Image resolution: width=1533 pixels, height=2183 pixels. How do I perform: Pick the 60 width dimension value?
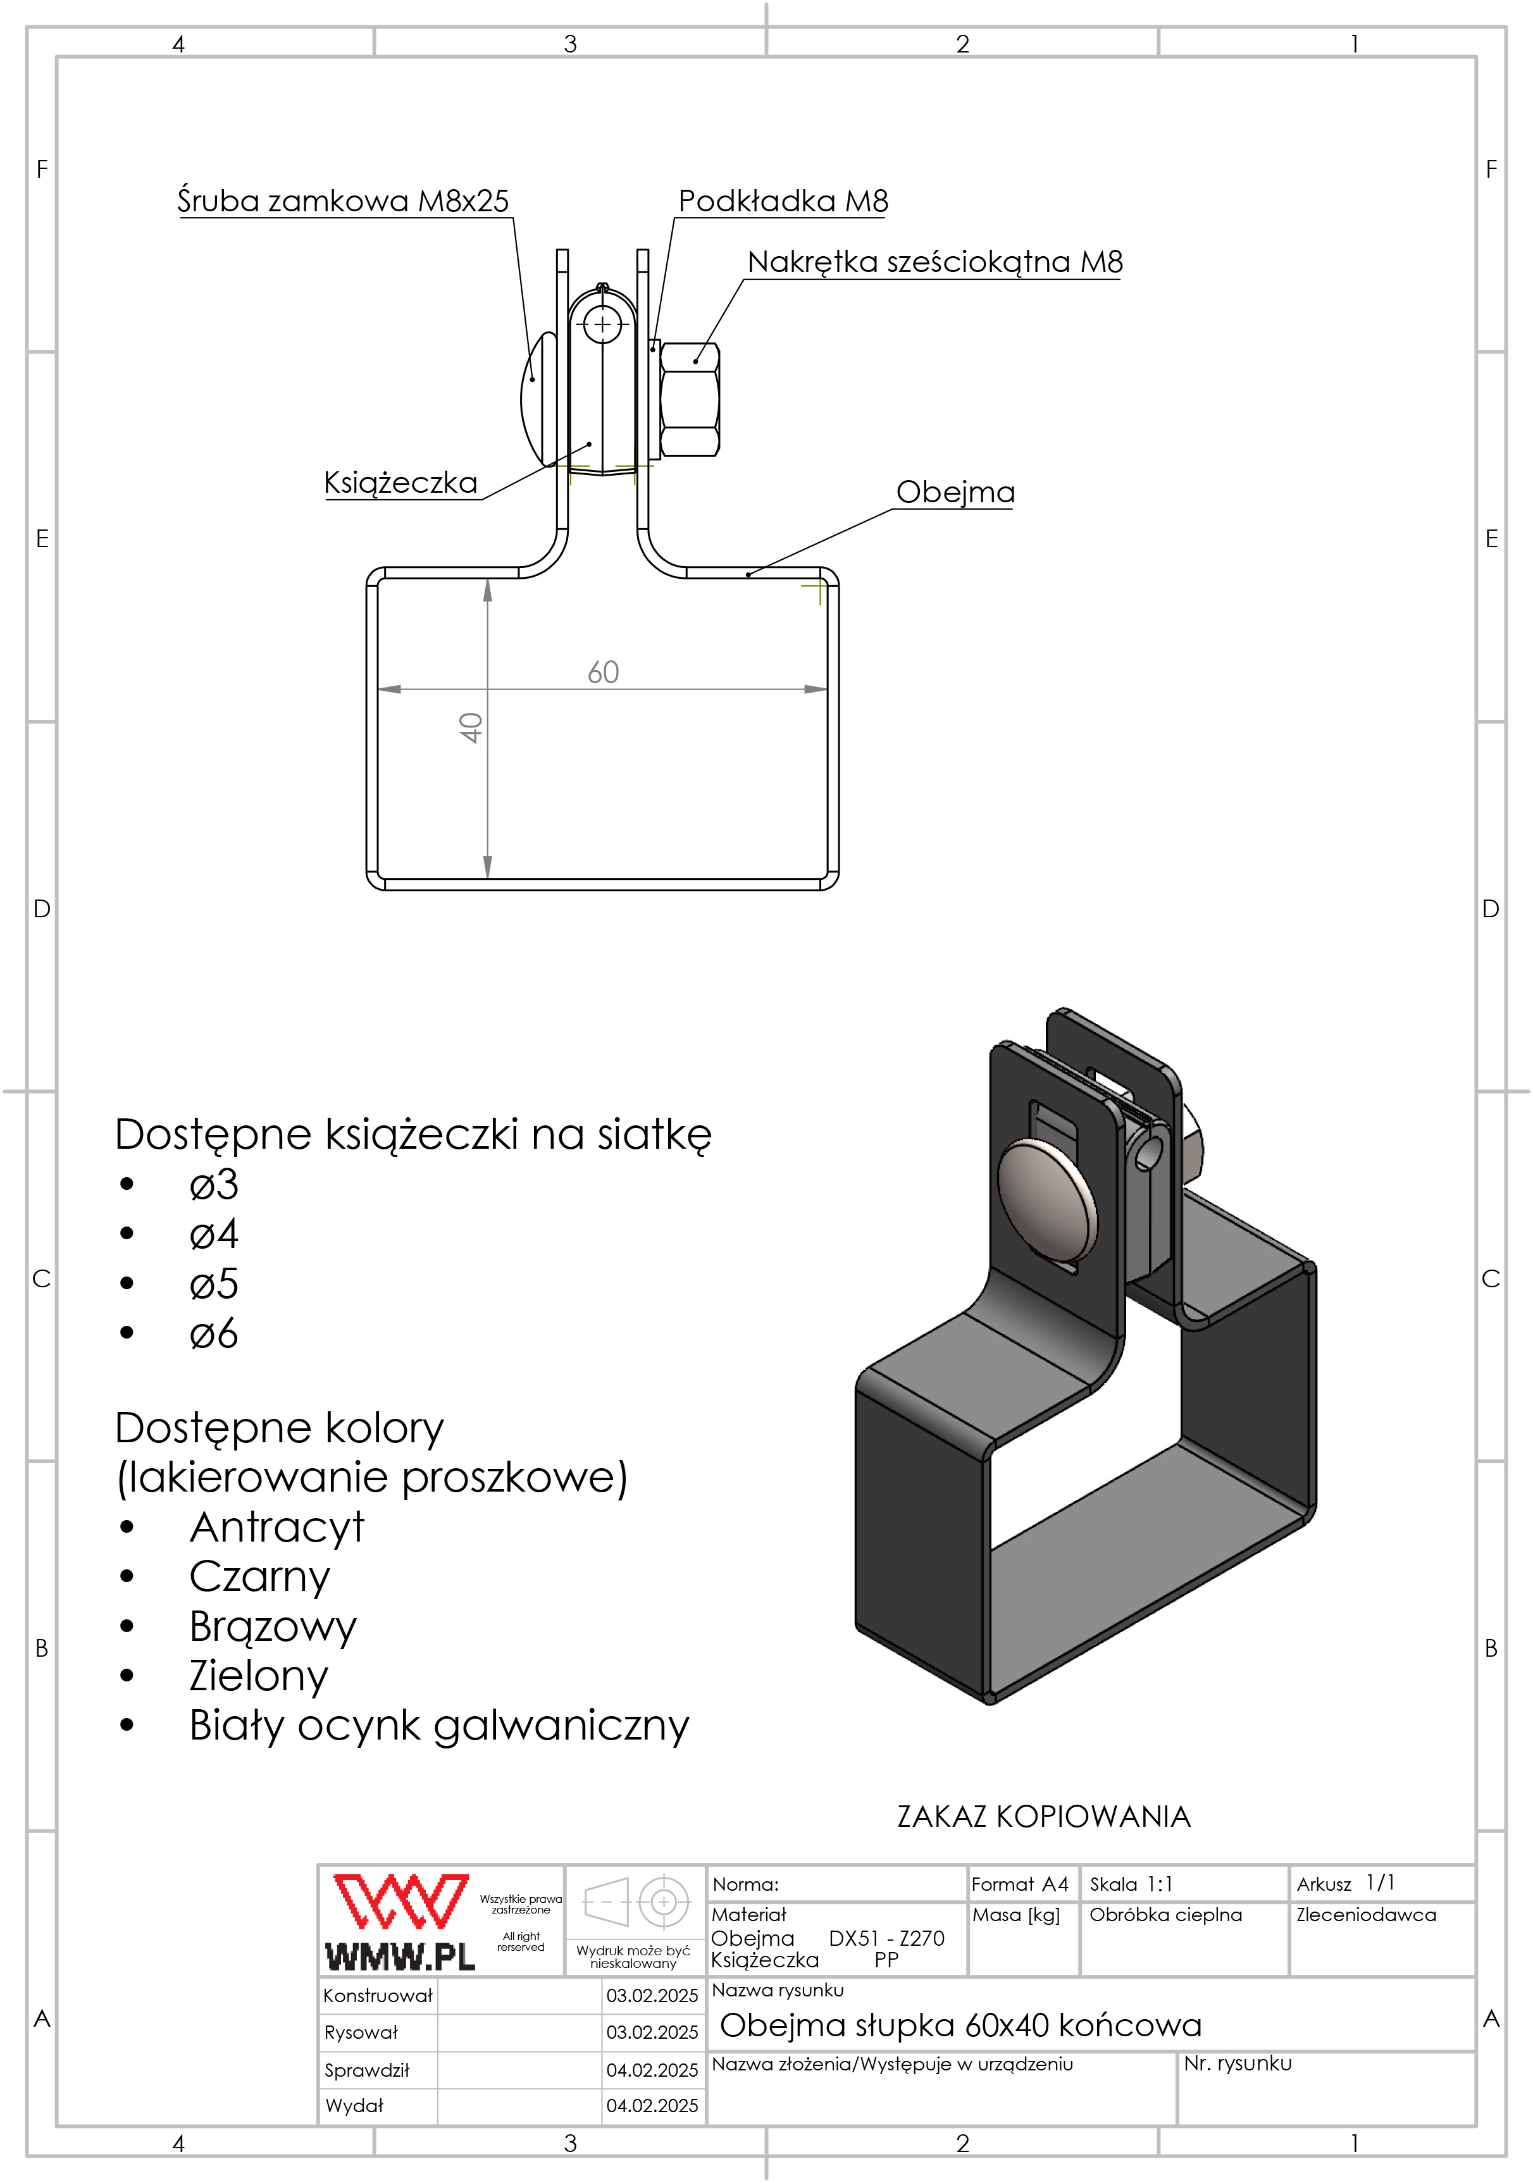pos(603,672)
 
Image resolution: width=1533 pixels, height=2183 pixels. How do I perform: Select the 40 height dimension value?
pos(471,727)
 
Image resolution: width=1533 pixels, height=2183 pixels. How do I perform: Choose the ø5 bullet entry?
pos(214,1283)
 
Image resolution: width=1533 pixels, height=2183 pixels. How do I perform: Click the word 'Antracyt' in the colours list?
pos(276,1527)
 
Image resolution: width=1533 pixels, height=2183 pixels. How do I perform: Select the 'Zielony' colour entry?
pos(259,1675)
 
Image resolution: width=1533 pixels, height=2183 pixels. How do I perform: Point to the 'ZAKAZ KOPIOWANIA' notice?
pos(1043,1816)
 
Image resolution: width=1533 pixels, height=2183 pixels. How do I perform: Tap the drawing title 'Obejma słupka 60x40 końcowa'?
pos(960,2024)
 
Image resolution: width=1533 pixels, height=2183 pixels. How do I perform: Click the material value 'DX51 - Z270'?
pos(886,1938)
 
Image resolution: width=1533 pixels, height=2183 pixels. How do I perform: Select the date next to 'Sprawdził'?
pos(652,2070)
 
